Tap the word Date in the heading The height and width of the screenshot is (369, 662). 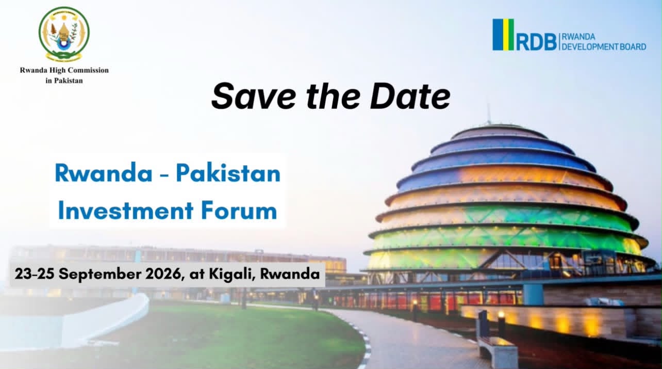410,96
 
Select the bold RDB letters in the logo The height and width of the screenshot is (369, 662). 536,42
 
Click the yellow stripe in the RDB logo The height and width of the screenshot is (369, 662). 510,35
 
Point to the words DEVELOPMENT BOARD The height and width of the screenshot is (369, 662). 604,47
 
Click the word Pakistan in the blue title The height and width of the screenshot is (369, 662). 228,173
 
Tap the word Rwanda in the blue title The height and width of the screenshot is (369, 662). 104,173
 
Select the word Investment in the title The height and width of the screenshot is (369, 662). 126,211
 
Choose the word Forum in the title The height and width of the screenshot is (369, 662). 239,211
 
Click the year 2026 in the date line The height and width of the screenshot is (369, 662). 164,274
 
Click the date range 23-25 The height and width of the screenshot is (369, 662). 35,274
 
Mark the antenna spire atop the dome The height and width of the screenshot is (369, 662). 489,114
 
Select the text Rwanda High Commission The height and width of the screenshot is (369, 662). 64,70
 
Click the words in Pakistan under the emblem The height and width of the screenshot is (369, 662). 64,81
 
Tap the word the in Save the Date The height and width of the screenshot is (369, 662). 333,96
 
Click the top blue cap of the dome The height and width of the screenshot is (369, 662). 500,132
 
